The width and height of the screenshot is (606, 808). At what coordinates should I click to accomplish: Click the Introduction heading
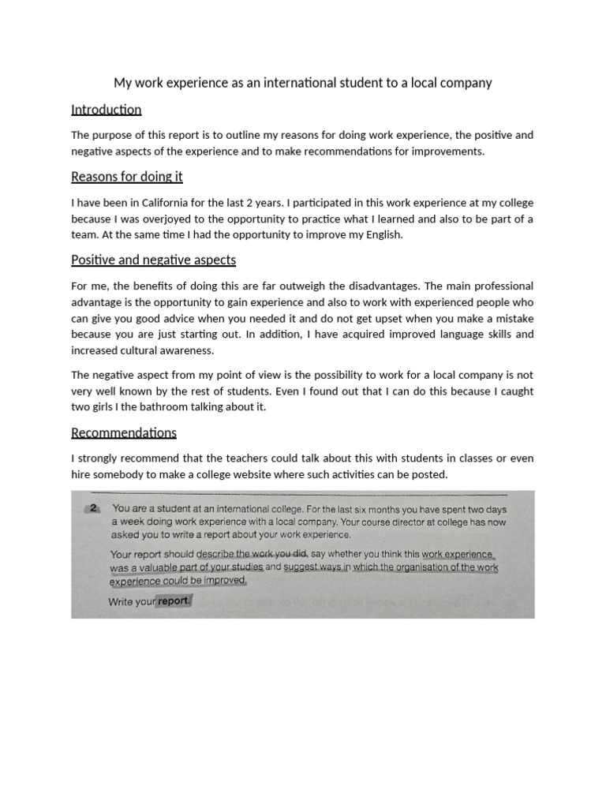coord(106,110)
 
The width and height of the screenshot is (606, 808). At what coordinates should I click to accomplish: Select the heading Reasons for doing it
coord(126,177)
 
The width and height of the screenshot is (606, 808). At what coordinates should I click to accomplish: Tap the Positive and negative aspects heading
coord(153,260)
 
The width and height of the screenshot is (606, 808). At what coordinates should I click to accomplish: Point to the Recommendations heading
coord(123,432)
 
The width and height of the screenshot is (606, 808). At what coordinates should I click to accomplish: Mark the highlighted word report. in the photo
coord(174,600)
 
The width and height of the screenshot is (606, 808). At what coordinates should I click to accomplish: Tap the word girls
coord(109,407)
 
